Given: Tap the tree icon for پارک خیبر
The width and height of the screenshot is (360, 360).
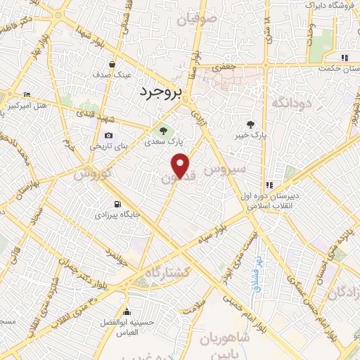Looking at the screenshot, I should coord(250,125).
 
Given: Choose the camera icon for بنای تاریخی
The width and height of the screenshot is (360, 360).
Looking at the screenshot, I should coord(108,136).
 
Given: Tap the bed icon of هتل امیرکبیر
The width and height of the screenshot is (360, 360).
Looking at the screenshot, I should coord(27,95).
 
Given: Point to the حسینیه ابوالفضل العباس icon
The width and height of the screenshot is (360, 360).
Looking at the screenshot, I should coord(127,312).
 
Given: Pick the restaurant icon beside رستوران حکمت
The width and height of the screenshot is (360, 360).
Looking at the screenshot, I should coord(344,58).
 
